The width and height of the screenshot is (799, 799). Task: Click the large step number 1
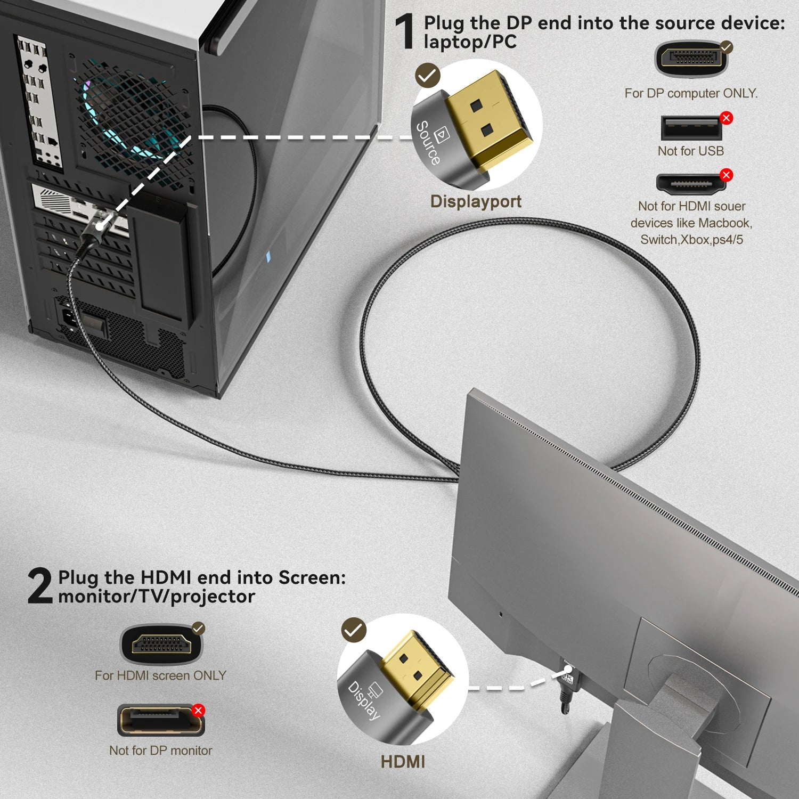[405, 31]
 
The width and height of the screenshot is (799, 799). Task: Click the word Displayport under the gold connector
[476, 201]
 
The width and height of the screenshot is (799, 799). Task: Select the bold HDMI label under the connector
[403, 762]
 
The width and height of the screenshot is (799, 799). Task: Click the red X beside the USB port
[726, 118]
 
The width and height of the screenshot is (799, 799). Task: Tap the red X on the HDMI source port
[726, 175]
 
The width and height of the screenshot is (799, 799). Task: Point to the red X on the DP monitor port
[198, 710]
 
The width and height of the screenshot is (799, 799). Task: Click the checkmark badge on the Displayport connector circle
[427, 76]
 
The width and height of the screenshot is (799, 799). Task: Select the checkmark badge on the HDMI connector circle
[354, 631]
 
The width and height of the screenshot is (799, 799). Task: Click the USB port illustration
[691, 128]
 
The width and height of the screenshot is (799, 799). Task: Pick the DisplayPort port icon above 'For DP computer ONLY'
[691, 59]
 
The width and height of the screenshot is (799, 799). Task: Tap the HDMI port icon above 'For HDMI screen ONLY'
[161, 645]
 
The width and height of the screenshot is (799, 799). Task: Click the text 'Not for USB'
[691, 151]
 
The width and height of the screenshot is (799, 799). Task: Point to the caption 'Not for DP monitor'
[160, 751]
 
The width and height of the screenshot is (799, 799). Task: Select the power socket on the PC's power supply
[70, 317]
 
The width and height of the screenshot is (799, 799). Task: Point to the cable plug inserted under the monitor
[567, 687]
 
